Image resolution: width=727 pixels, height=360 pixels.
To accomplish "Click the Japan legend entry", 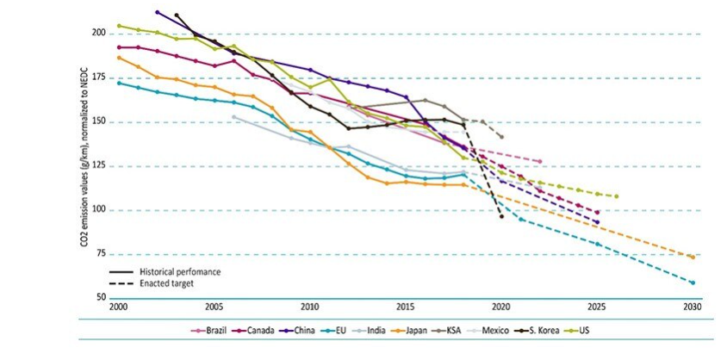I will pyautogui.click(x=419, y=330).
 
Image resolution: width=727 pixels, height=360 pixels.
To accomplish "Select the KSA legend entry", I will pyautogui.click(x=458, y=330).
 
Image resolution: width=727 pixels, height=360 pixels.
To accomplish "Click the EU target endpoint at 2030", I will pyautogui.click(x=692, y=282).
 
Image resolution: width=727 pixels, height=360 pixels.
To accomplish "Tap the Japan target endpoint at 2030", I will pyautogui.click(x=692, y=257).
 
